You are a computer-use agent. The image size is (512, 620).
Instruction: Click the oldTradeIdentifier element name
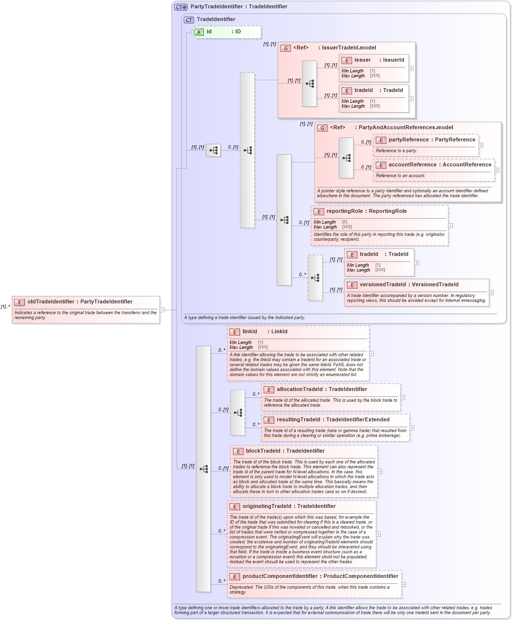tap(51, 302)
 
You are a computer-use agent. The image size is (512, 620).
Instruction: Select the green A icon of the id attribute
tap(199, 32)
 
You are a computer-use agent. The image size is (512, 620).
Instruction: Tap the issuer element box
tap(374, 68)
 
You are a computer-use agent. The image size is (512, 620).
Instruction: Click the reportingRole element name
tap(344, 211)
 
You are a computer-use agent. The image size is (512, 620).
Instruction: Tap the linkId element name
tap(249, 332)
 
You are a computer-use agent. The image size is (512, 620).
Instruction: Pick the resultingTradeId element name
tap(298, 420)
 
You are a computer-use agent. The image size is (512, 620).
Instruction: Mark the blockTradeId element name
tap(264, 451)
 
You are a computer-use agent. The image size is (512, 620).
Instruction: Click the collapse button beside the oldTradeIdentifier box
tap(162, 309)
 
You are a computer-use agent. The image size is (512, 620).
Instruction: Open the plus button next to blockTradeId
tap(380, 471)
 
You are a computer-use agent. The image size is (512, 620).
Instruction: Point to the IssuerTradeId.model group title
tap(349, 48)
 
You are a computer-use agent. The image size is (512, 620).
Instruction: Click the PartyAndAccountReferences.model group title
tap(405, 128)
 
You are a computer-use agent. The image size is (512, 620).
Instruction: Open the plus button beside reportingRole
tap(450, 226)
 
